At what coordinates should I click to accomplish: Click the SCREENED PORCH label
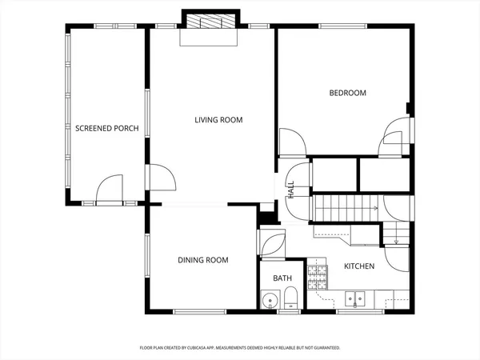tap(107, 128)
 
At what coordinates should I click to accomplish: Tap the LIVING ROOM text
tap(218, 120)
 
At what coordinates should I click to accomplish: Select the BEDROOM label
tap(347, 93)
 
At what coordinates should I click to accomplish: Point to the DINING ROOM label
tap(202, 260)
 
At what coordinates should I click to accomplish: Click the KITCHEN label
tap(359, 266)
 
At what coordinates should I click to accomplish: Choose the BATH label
tap(282, 278)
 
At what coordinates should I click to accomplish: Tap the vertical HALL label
tap(291, 190)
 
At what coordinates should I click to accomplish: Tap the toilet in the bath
tap(291, 301)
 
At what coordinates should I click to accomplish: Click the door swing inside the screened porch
tap(108, 188)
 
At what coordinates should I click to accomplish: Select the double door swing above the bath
tap(272, 242)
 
